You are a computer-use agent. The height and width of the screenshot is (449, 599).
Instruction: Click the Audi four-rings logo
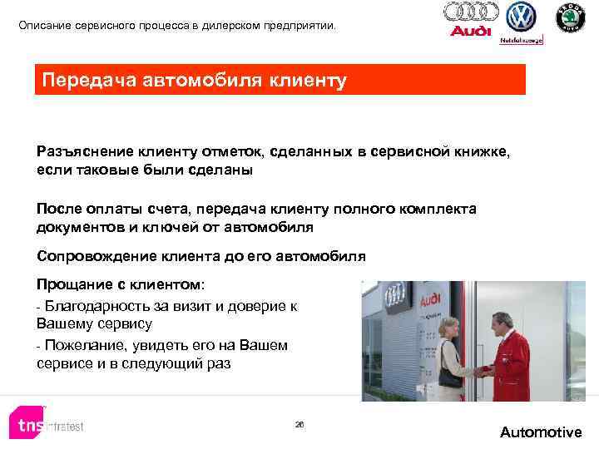pyautogui.click(x=471, y=12)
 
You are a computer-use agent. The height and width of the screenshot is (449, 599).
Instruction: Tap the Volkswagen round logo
pyautogui.click(x=522, y=17)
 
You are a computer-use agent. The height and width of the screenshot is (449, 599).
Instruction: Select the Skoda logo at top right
pyautogui.click(x=570, y=18)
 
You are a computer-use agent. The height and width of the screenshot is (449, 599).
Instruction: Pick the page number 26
pyautogui.click(x=299, y=424)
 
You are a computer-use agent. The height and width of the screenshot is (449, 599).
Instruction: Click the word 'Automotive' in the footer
pyautogui.click(x=541, y=432)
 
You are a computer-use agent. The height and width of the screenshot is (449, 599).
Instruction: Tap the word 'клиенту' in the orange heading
pyautogui.click(x=304, y=81)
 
